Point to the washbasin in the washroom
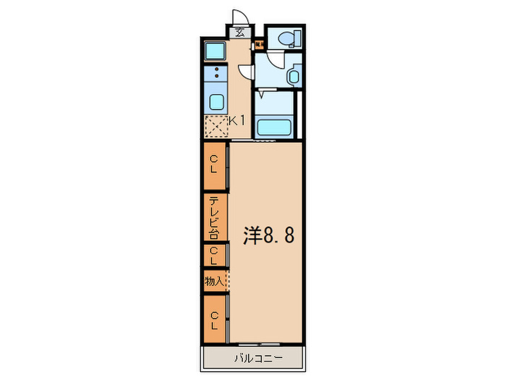292,75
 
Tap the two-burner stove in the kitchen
215,72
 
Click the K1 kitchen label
237,121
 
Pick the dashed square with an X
215,126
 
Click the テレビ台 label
215,216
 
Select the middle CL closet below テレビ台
215,255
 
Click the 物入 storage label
213,280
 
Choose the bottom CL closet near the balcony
215,319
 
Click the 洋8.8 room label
267,237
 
